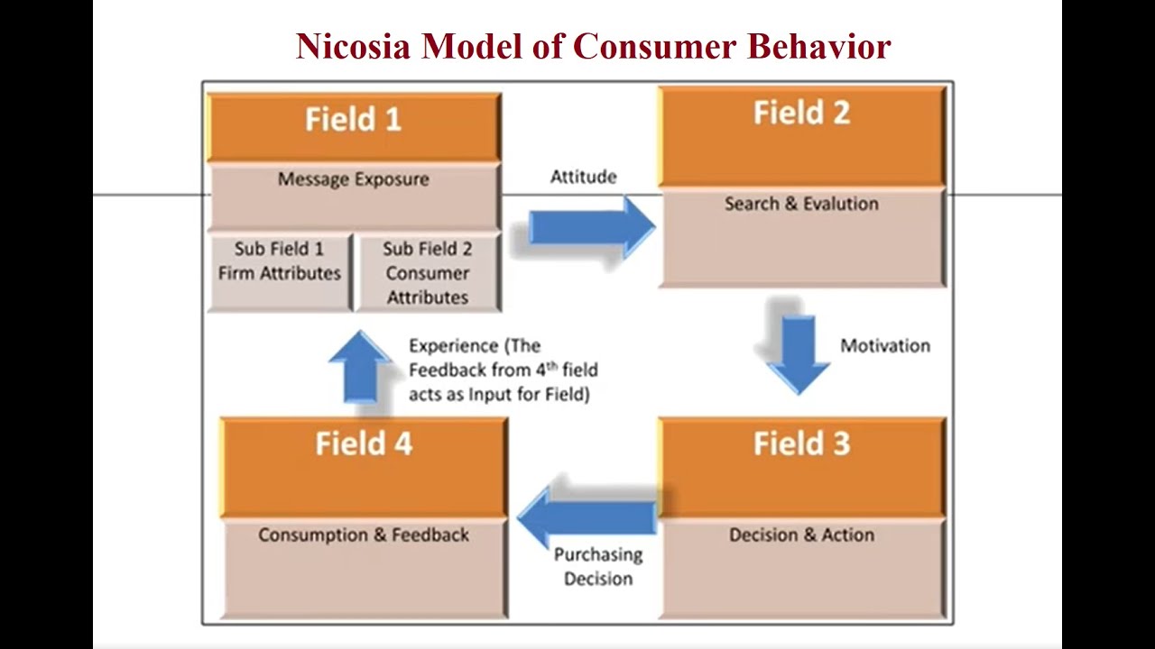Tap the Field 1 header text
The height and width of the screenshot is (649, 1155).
point(353,120)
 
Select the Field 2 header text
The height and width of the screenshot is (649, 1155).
point(801,114)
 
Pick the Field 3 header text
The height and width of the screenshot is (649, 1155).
point(801,443)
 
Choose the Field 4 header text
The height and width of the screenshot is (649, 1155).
point(364,443)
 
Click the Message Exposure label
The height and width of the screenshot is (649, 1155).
point(353,179)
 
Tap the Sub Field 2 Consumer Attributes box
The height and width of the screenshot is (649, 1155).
point(427,272)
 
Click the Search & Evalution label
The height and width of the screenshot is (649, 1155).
point(801,204)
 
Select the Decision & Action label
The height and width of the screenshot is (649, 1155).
point(801,535)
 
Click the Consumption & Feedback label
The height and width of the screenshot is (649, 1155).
point(364,535)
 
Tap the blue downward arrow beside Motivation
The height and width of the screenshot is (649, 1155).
point(798,352)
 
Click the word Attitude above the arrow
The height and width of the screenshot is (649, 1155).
point(584,177)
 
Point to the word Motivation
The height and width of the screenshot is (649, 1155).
point(884,346)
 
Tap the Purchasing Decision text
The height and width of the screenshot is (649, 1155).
point(598,566)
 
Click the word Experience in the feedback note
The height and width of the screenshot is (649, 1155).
point(453,346)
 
